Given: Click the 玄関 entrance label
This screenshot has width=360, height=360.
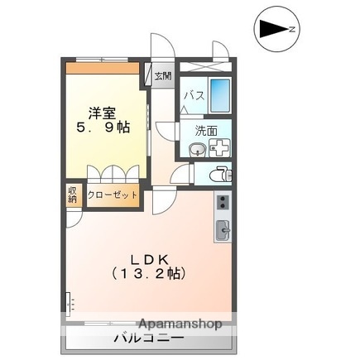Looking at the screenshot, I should [162, 76].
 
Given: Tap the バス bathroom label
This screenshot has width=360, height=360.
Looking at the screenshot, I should [193, 94].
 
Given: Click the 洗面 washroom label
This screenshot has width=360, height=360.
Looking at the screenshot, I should [206, 130].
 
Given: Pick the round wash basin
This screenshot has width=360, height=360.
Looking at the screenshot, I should [197, 148].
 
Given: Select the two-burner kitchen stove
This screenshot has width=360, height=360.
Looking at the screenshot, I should [223, 202].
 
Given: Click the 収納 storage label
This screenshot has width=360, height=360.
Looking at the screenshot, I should [73, 196].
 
